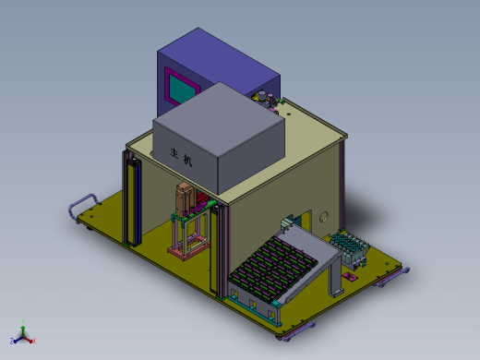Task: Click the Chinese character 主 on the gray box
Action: pyautogui.click(x=174, y=152)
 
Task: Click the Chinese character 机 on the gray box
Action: pyautogui.click(x=187, y=160)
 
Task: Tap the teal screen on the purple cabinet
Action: pyautogui.click(x=183, y=90)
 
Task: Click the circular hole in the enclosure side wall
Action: pyautogui.click(x=324, y=217)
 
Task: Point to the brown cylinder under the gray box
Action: pyautogui.click(x=184, y=199)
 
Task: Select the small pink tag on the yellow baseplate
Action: pyautogui.click(x=350, y=276)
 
